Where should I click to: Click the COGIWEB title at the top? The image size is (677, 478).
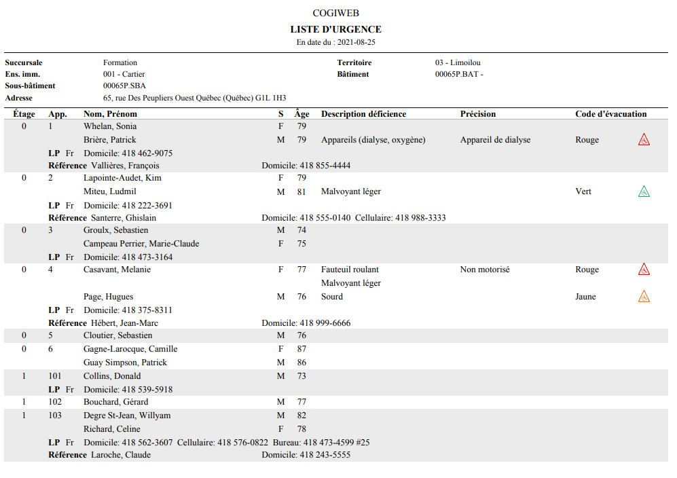(x=335, y=13)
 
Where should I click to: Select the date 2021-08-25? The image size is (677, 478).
(x=356, y=42)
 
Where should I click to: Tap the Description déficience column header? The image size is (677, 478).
(x=363, y=114)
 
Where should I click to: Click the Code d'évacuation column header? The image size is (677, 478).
(x=610, y=114)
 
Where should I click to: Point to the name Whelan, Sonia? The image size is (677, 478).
(x=110, y=126)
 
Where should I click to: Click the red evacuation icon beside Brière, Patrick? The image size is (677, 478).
(x=644, y=140)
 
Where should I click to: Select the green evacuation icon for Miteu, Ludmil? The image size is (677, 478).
(x=644, y=191)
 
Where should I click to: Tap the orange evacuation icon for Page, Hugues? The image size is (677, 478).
(x=644, y=297)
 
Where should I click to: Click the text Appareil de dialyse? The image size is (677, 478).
(x=495, y=140)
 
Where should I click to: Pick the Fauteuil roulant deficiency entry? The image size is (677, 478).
(x=350, y=270)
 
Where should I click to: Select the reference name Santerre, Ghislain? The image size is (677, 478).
(x=124, y=218)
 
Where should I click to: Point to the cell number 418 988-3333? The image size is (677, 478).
(x=420, y=218)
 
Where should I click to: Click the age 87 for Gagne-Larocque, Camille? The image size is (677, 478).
(x=301, y=349)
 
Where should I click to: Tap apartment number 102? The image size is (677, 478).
(x=55, y=402)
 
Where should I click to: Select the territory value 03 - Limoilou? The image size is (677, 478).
(x=458, y=62)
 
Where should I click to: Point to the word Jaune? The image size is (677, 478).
(x=585, y=297)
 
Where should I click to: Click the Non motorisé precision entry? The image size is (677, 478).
(x=485, y=270)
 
